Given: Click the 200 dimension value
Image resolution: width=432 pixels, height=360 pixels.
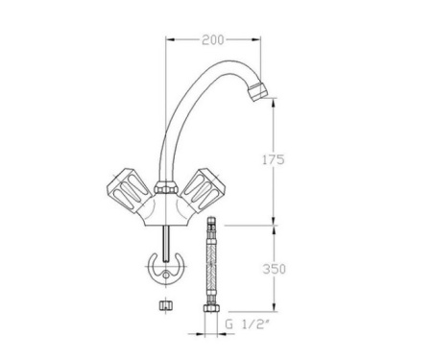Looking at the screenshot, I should pos(213,39).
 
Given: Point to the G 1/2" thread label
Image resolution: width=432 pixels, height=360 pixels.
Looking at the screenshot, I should pos(246,326).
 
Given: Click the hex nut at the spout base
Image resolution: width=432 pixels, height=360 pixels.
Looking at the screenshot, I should pos(164,183).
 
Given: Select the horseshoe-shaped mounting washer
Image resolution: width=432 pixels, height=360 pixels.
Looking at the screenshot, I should pos(165,269).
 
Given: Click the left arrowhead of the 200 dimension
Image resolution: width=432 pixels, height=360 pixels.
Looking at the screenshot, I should pos(171,39).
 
